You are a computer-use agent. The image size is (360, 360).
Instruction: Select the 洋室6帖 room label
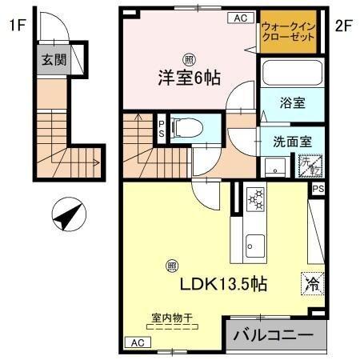(x=188, y=78)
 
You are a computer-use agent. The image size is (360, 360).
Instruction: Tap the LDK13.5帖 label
(x=222, y=284)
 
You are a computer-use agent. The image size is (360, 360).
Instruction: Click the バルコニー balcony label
(x=274, y=334)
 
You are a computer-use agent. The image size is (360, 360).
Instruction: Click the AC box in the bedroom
(x=239, y=18)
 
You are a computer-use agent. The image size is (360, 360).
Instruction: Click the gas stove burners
(x=256, y=198)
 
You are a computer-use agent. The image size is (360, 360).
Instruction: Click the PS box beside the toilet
(x=161, y=129)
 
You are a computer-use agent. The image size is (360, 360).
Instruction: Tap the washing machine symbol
(x=308, y=166)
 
